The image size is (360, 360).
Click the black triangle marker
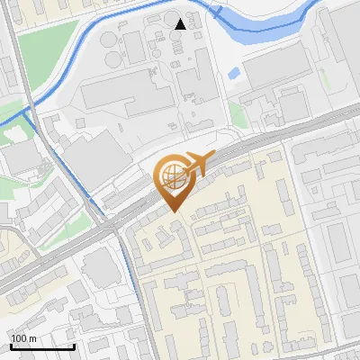(x=181, y=23)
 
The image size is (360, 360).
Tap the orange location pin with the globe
(x=174, y=181)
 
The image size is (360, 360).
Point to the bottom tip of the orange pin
(x=174, y=211)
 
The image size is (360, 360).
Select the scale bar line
(x=42, y=346)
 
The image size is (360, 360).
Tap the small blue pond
(x=234, y=73)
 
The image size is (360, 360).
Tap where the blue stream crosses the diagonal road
(x=114, y=229)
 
